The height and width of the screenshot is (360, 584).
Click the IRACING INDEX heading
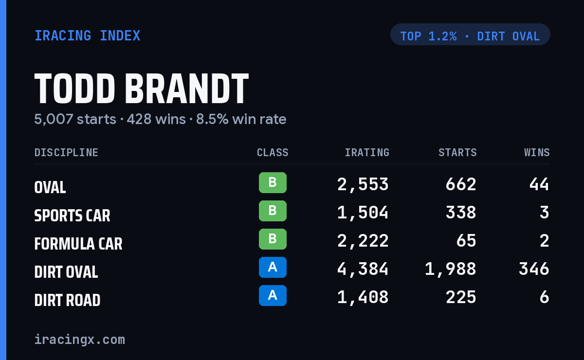tap(87, 36)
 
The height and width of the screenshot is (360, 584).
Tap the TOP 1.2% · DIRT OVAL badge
tap(470, 35)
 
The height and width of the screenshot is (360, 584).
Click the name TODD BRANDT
tap(142, 89)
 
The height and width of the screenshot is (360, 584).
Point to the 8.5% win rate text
tap(241, 119)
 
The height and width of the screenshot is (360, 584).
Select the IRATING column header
tap(367, 152)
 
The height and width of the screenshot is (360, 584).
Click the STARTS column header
tap(457, 152)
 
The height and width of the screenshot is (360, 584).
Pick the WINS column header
tap(537, 152)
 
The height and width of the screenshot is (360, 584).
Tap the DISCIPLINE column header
tap(66, 152)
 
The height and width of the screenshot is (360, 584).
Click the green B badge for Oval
tap(273, 182)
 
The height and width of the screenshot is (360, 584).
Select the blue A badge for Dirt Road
tap(273, 295)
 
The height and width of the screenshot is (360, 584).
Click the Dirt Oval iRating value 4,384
tap(363, 270)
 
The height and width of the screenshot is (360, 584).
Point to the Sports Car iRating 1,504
tap(363, 213)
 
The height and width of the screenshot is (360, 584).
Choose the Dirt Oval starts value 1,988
tap(451, 270)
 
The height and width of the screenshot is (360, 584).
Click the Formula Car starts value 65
tap(466, 241)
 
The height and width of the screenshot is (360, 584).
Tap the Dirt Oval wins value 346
tap(534, 269)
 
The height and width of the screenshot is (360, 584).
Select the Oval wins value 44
tap(539, 184)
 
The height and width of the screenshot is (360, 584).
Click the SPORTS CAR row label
tap(72, 216)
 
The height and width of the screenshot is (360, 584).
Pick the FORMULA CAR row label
tap(78, 244)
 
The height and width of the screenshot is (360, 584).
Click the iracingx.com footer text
tap(80, 340)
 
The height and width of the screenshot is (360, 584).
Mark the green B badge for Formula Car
tap(273, 239)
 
